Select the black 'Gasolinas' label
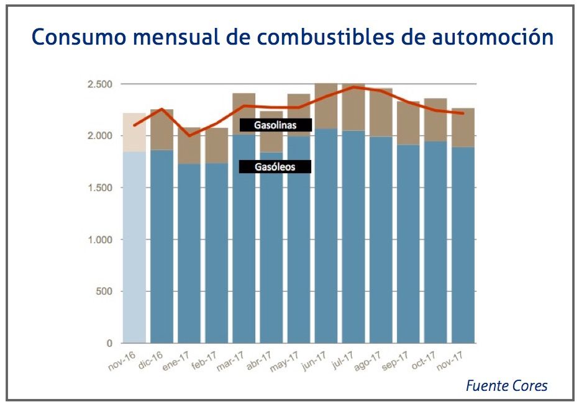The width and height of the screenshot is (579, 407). pos(275,125)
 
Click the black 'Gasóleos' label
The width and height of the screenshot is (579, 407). pos(275,167)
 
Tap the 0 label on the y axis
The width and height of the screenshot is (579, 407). pos(110,343)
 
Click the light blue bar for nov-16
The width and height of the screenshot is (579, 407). pos(135,248)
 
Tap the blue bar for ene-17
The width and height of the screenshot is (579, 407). pos(189,254)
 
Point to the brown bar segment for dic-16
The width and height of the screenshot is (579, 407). pos(162,130)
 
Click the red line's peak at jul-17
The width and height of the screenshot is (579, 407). pos(353,87)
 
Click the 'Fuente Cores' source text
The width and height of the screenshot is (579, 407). pos(506,386)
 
